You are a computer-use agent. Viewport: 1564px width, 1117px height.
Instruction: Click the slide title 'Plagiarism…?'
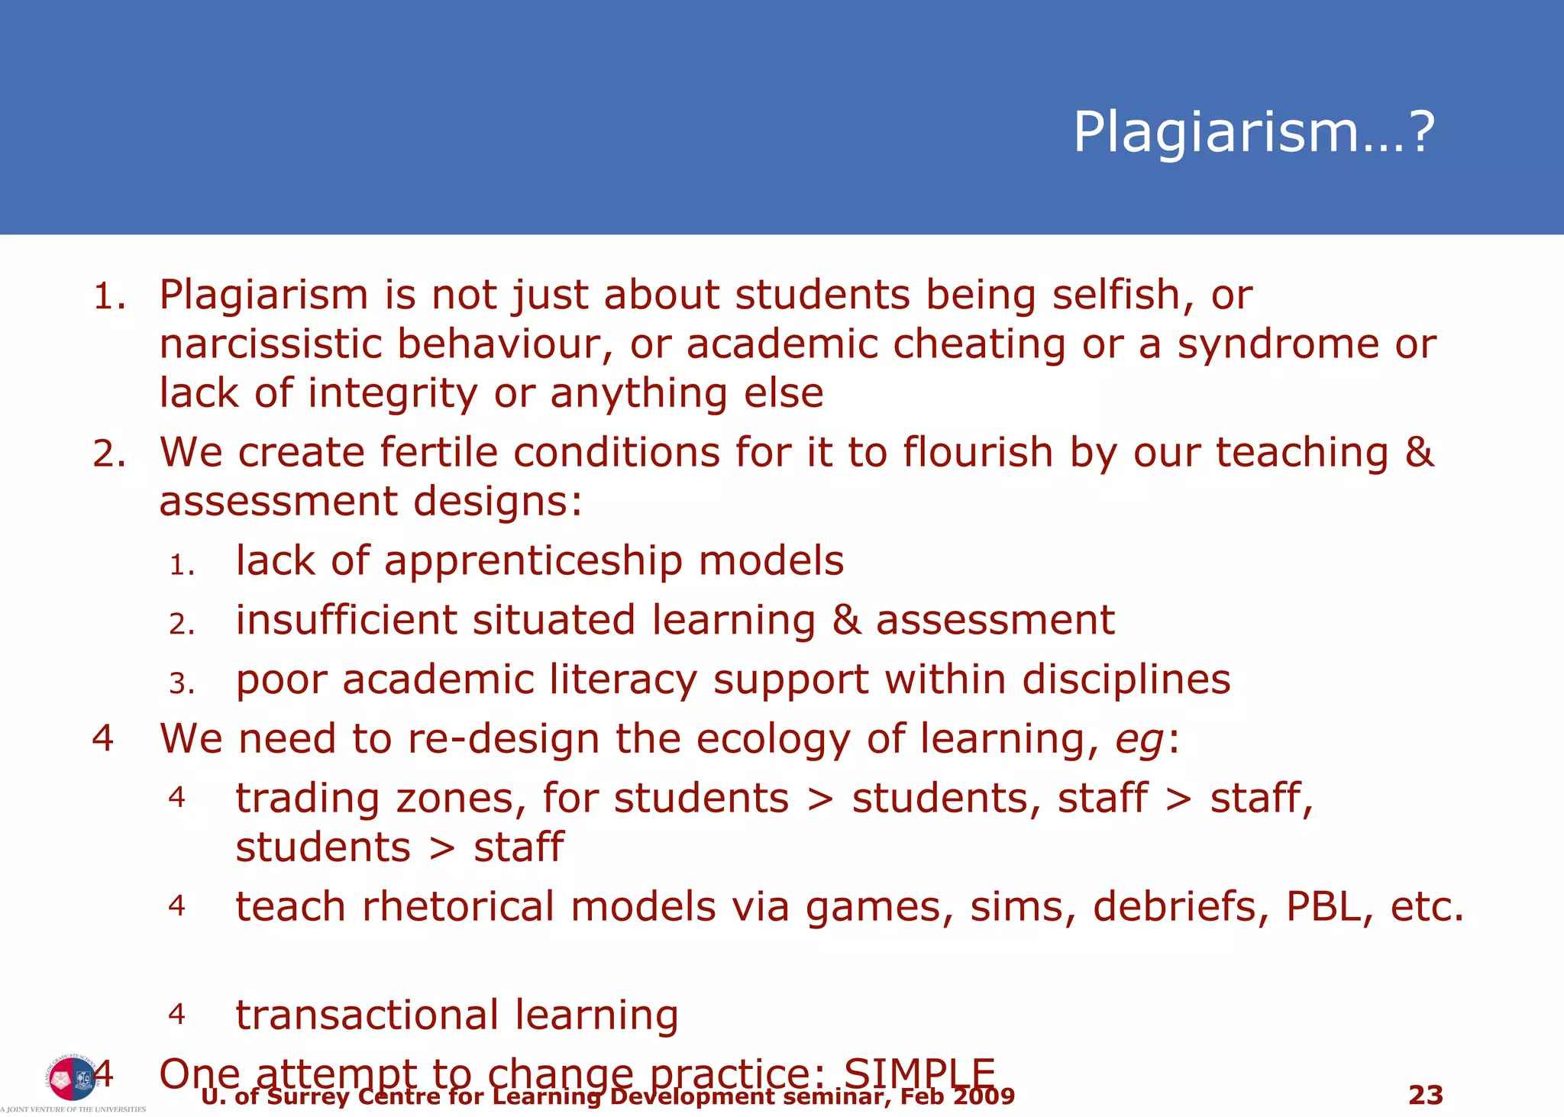click(x=1253, y=133)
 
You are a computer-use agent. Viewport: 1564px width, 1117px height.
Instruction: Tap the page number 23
click(x=1425, y=1095)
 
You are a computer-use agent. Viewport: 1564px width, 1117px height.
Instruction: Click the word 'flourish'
click(x=977, y=452)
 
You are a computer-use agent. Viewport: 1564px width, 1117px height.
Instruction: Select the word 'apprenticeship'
click(x=532, y=561)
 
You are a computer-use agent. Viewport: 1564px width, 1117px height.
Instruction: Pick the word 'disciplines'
click(x=1126, y=680)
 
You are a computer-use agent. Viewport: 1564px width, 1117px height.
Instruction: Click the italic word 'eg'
click(x=1140, y=739)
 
